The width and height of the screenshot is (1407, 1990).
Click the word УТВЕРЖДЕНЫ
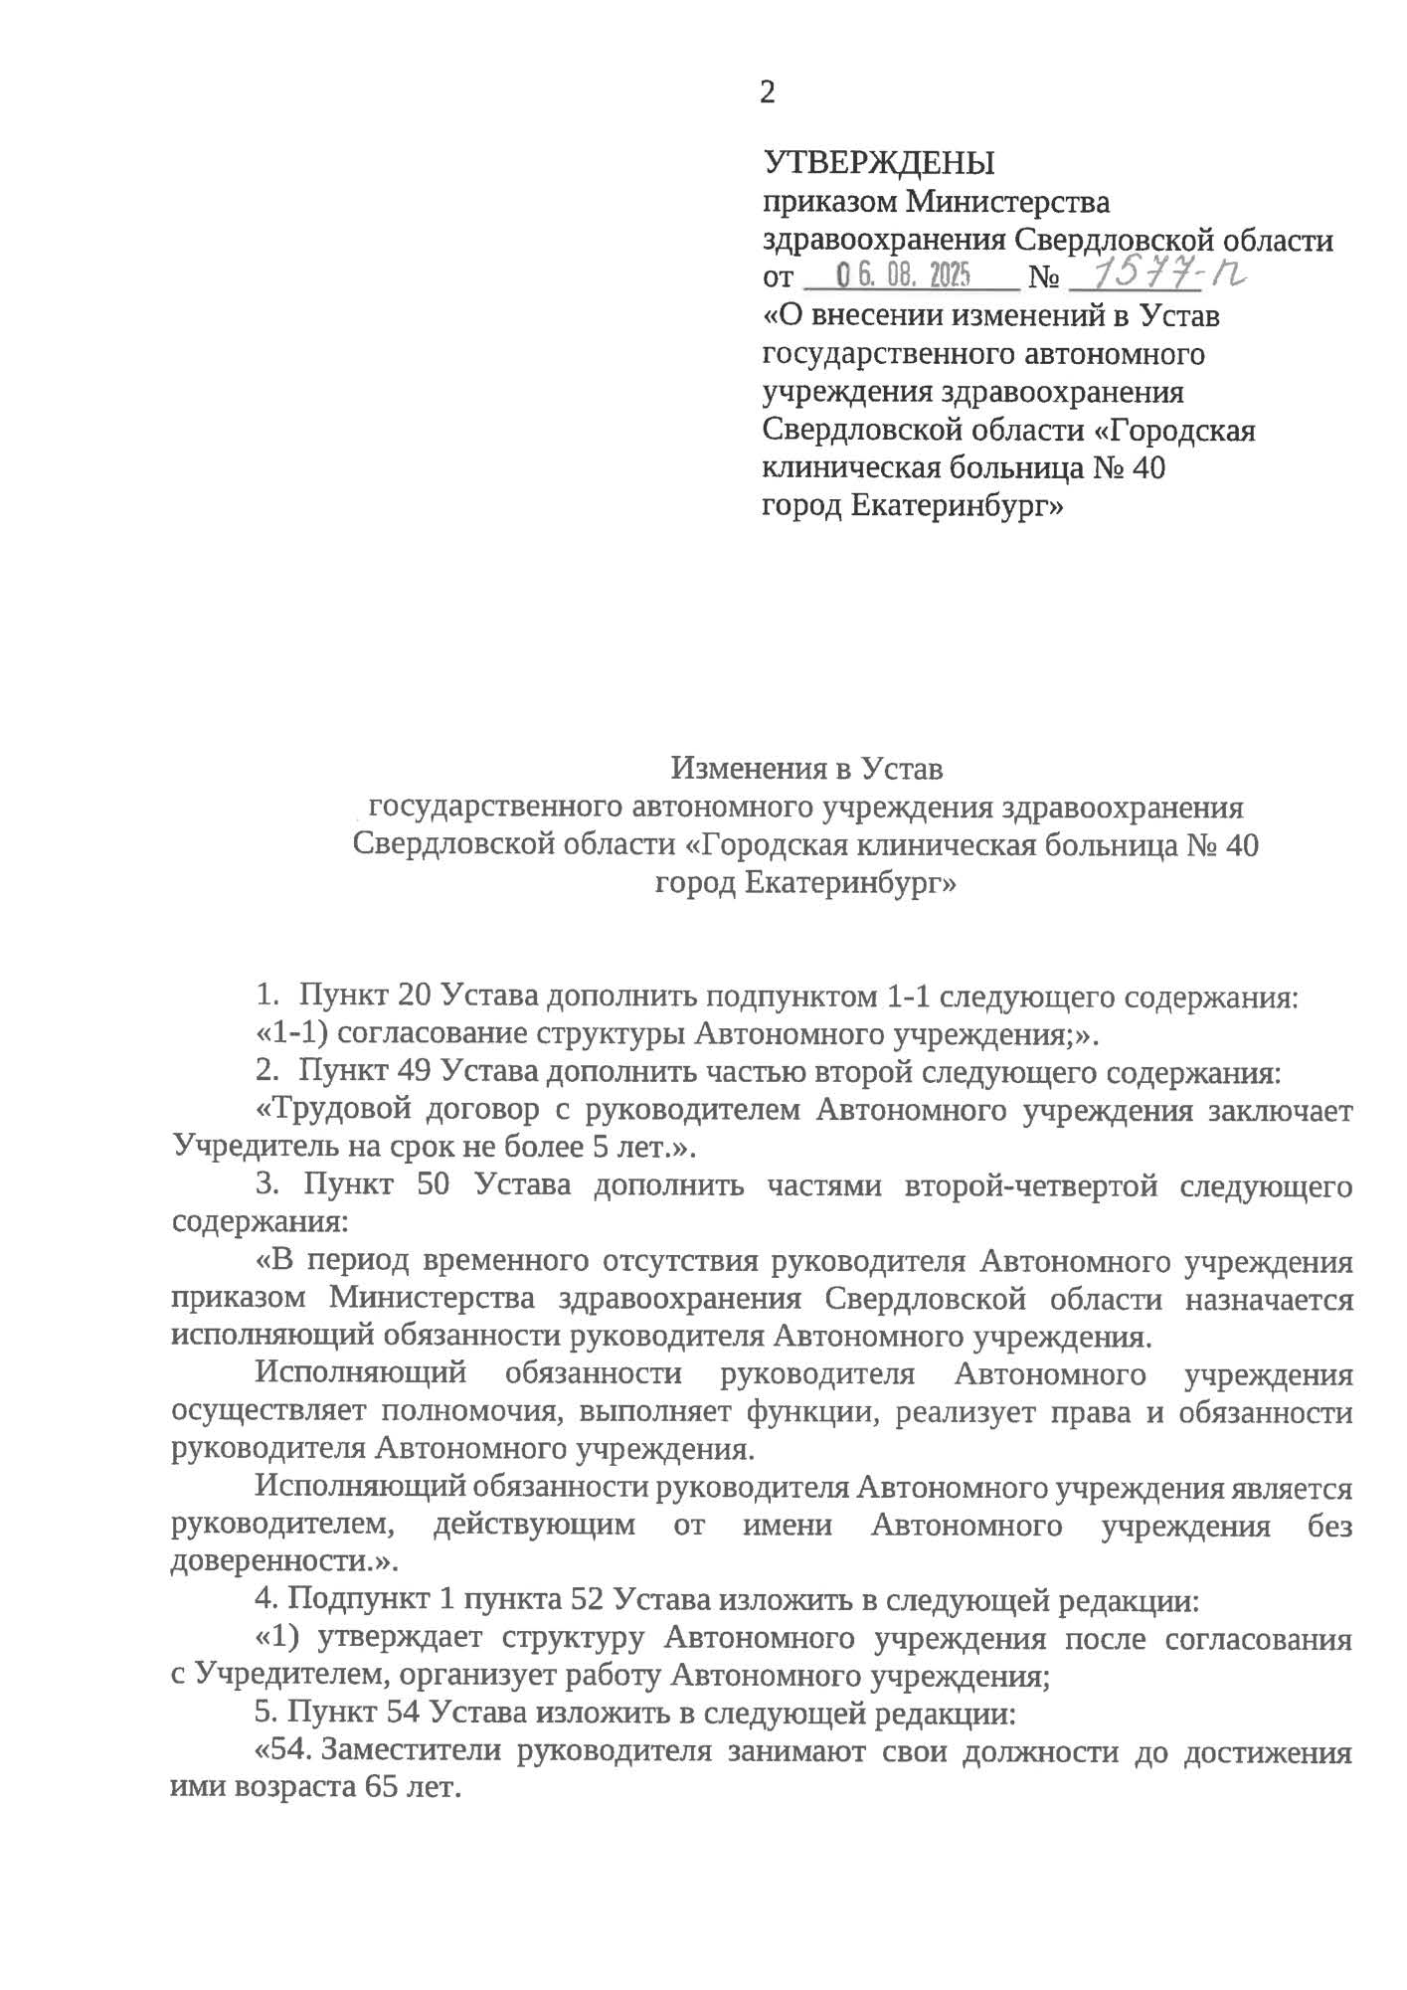pyautogui.click(x=879, y=162)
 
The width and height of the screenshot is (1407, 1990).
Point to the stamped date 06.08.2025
pyautogui.click(x=903, y=275)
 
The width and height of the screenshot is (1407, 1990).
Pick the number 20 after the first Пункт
pyautogui.click(x=414, y=995)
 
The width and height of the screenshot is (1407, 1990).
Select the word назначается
pyautogui.click(x=1269, y=1300)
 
